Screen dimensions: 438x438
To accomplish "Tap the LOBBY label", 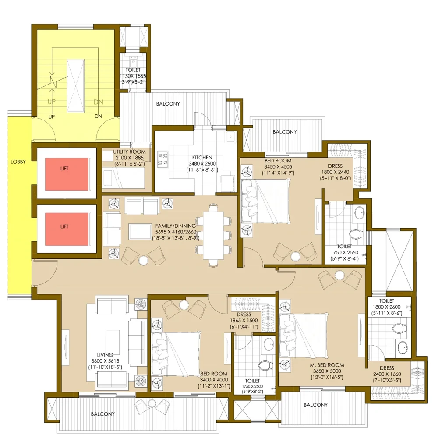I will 18,162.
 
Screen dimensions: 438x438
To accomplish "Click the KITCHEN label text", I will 202,157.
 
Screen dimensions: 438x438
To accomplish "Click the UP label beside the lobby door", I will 51,117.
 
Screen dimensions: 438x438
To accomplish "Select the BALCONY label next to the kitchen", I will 168,104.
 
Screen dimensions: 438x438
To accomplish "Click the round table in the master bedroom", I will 340,276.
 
